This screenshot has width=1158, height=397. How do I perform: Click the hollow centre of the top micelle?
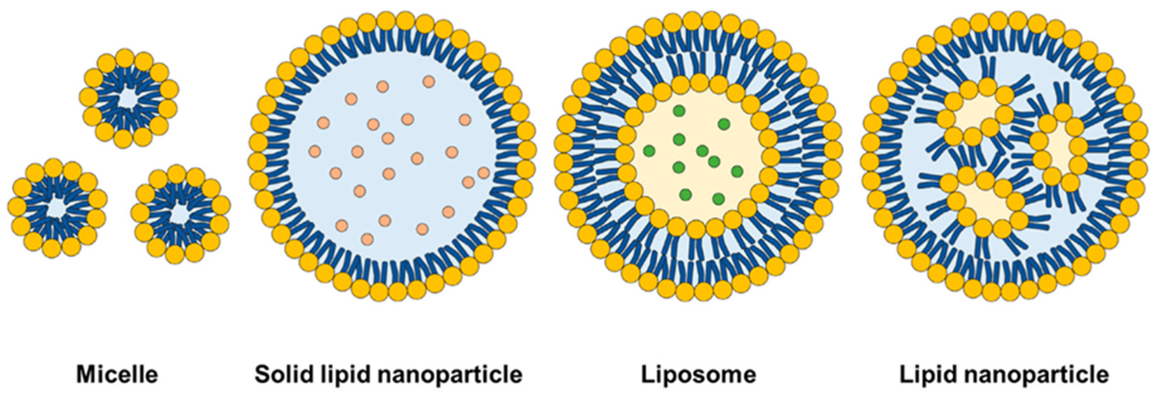tap(129, 99)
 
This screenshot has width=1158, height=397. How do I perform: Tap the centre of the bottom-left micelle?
tap(57, 207)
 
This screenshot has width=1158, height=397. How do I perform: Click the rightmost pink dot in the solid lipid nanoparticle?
tap(484, 173)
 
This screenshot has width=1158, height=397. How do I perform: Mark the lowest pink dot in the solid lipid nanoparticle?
tap(367, 239)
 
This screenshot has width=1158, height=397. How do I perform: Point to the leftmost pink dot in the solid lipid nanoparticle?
tap(315, 151)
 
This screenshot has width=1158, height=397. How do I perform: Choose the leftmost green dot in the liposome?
tap(649, 151)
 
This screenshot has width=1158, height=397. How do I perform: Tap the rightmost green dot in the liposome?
tap(737, 171)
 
